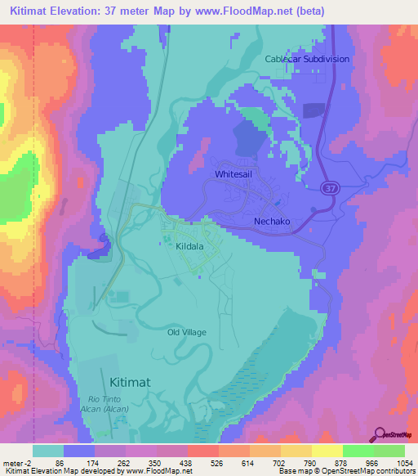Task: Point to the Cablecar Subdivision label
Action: point(306,59)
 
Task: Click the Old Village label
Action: point(187,332)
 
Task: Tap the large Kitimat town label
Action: point(128,380)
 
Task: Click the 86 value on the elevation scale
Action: point(59,463)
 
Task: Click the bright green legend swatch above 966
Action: point(357,451)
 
